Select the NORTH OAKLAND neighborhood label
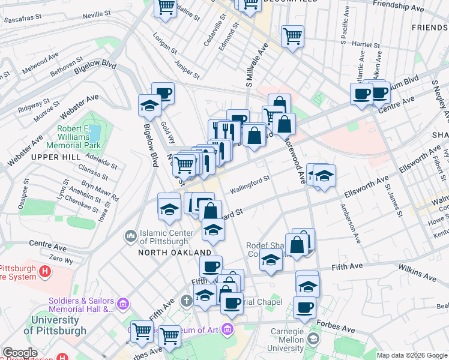(175, 253)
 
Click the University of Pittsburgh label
(55, 325)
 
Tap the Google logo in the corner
(20, 353)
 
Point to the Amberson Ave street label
(351, 223)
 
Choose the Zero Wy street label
(61, 260)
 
